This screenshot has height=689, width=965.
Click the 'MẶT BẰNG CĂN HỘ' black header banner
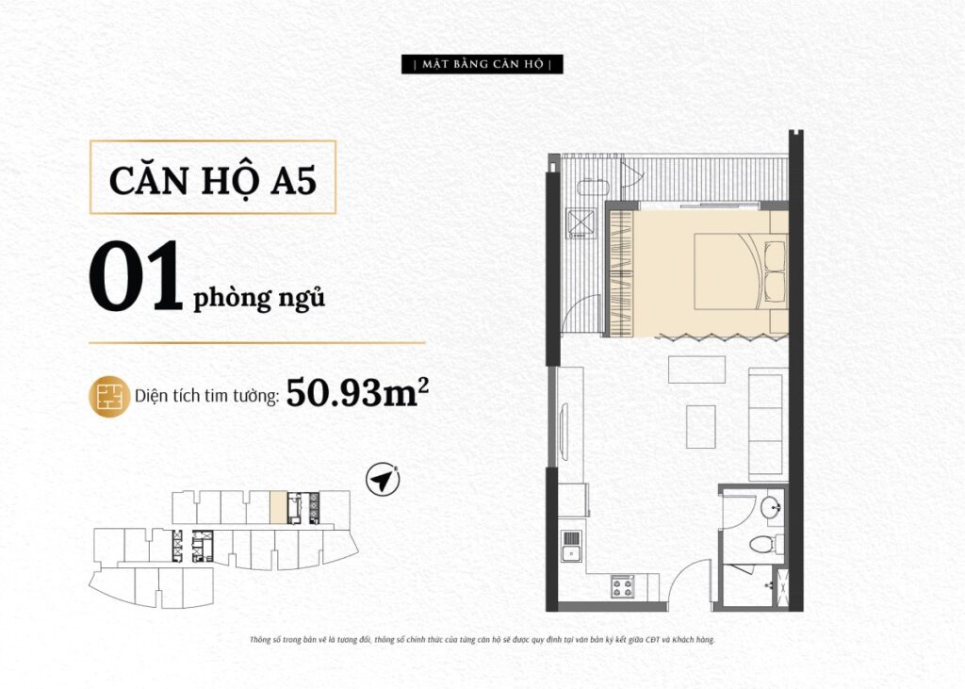(x=482, y=64)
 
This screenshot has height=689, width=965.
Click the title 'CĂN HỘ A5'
(x=213, y=180)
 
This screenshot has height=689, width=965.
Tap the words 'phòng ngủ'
(x=259, y=298)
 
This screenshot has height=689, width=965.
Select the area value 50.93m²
(x=357, y=392)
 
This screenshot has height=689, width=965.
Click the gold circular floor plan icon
(x=109, y=397)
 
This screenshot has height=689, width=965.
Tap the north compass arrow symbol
(x=383, y=479)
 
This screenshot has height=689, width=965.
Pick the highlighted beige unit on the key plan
(x=278, y=507)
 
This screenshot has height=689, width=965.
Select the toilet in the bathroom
(x=766, y=544)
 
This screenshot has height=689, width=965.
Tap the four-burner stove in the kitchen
(x=623, y=587)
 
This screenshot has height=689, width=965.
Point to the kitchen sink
(x=572, y=546)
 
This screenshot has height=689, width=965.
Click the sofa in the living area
(x=768, y=424)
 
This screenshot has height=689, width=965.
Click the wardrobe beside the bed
(x=620, y=273)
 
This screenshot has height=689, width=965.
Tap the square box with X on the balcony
(x=581, y=222)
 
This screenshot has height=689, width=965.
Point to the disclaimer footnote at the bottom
(x=482, y=640)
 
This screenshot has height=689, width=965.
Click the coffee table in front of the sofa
(x=701, y=427)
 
